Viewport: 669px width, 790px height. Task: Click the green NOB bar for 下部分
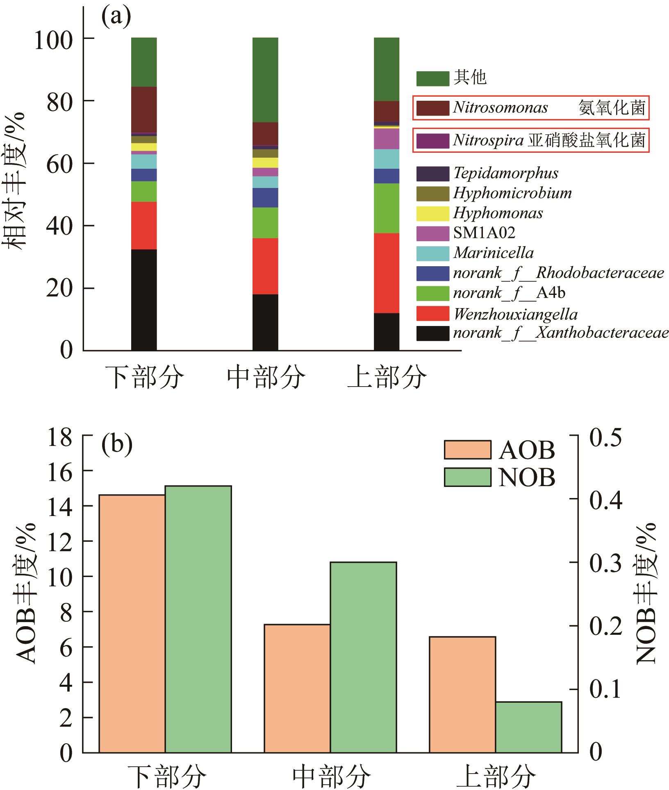(x=198, y=619)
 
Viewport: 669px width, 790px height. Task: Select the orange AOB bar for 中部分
(x=297, y=688)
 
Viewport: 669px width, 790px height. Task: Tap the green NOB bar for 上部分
(x=528, y=727)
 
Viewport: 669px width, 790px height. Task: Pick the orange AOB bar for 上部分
(x=462, y=695)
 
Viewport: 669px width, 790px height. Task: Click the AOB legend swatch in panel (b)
(x=467, y=450)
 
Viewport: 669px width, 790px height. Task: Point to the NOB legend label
(x=527, y=478)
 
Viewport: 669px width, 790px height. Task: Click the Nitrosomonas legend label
(x=500, y=108)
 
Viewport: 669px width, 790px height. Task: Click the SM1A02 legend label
(x=484, y=233)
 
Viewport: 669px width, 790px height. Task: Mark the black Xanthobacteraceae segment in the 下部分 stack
(x=144, y=300)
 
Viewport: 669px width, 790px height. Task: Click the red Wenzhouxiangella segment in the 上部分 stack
(x=387, y=273)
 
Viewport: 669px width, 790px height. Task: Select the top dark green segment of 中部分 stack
(x=265, y=80)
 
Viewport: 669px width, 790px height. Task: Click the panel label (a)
(x=116, y=18)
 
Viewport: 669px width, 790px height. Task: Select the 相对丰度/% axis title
(x=16, y=181)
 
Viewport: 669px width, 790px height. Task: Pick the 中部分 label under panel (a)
(x=266, y=377)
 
